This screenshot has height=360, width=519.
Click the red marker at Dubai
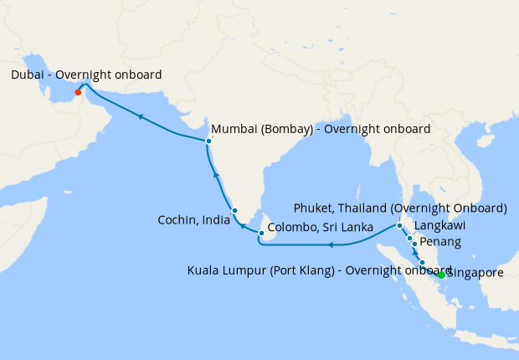78,93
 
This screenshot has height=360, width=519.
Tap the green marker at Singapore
441,274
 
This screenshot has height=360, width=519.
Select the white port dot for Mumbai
208,141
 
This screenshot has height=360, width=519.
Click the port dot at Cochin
235,210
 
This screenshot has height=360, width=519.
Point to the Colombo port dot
262,234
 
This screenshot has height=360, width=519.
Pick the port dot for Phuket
400,226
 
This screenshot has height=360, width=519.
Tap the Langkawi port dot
409,238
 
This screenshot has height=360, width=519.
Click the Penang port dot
414,244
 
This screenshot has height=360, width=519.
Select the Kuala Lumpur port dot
422,263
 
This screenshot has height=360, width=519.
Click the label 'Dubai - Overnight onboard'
86,75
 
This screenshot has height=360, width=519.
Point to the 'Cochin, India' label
193,220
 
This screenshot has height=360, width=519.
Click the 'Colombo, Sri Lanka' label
320,226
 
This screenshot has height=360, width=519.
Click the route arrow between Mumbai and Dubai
140,116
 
